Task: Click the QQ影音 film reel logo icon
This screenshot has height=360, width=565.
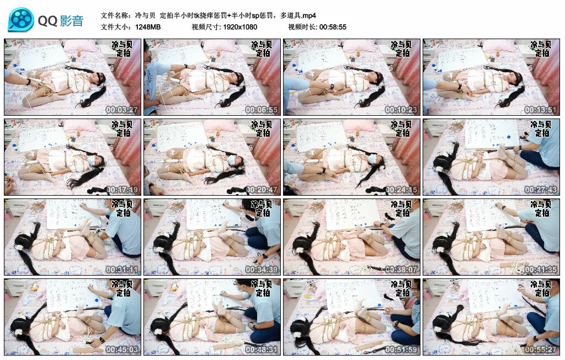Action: tap(20, 20)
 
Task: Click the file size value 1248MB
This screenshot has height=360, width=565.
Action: tap(148, 26)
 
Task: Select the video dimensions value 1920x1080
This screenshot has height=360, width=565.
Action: tap(240, 26)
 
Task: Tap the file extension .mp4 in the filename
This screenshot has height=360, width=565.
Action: tap(307, 15)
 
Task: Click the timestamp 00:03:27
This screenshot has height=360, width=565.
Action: tap(122, 110)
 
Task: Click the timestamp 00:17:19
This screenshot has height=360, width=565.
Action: tap(122, 190)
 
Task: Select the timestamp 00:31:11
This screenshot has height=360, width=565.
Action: tap(122, 270)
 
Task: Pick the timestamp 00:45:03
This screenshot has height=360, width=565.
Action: tap(122, 350)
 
